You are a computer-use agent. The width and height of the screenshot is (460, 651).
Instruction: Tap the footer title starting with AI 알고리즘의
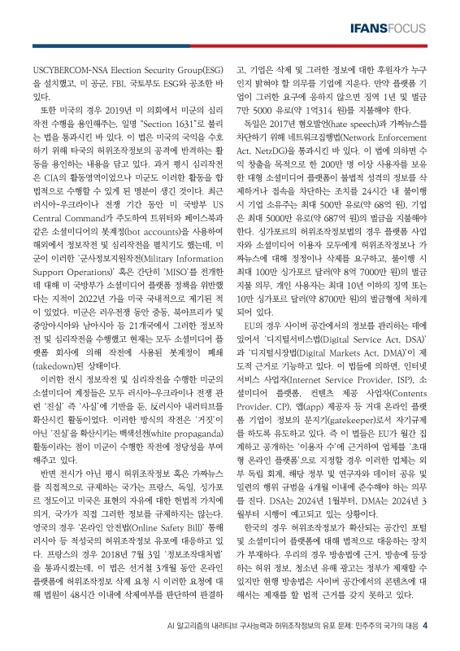297,626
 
